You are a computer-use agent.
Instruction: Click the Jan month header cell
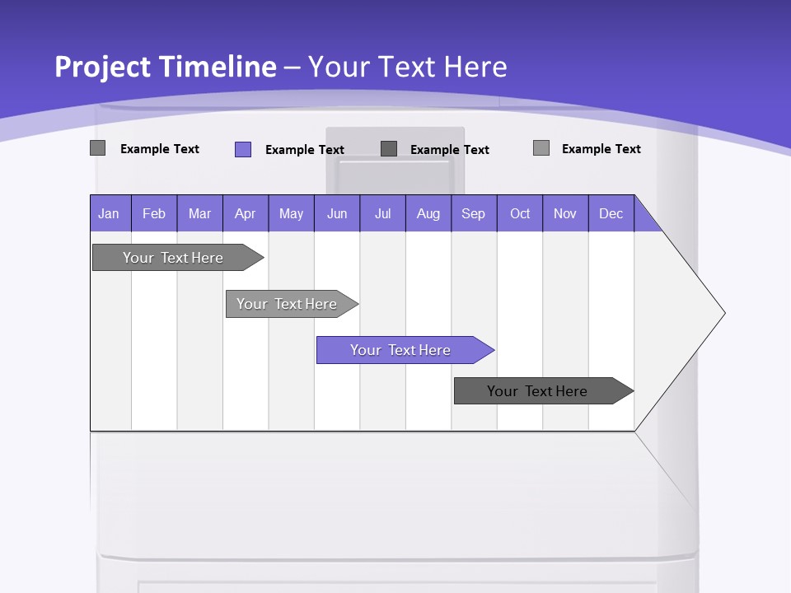point(110,213)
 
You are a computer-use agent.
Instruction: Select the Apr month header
point(245,213)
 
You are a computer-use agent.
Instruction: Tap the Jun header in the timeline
point(336,213)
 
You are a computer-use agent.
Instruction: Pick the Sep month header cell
point(473,213)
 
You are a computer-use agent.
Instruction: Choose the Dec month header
point(611,213)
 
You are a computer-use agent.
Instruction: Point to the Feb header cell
point(154,213)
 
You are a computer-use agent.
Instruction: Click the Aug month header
point(428,213)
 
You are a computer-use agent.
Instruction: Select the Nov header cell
point(565,213)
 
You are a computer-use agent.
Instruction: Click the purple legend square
point(243,149)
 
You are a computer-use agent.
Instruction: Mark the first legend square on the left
point(98,148)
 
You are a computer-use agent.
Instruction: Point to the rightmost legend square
point(541,148)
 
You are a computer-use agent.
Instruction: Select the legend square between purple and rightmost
point(389,148)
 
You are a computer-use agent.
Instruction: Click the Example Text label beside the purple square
point(304,150)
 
